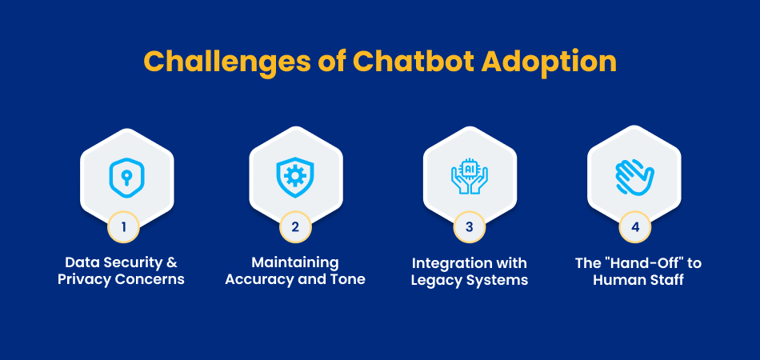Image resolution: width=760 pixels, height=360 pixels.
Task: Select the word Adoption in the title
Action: pyautogui.click(x=549, y=62)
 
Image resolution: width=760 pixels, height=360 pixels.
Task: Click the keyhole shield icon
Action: pyautogui.click(x=126, y=178)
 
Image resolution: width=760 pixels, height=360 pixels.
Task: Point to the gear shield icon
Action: pyautogui.click(x=295, y=177)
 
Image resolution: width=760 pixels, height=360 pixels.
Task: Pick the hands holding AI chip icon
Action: pyautogui.click(x=469, y=176)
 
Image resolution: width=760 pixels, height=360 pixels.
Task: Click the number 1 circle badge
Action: pyautogui.click(x=123, y=226)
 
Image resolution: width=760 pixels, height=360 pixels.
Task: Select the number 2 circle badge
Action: pyautogui.click(x=295, y=226)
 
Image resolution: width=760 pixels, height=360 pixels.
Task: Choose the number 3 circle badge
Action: pyautogui.click(x=469, y=226)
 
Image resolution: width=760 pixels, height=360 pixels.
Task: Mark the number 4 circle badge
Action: pyautogui.click(x=635, y=226)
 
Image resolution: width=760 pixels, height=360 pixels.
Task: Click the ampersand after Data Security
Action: pyautogui.click(x=172, y=262)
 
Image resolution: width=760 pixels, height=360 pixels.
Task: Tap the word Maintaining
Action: pyautogui.click(x=294, y=262)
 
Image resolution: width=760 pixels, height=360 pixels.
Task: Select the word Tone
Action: pyautogui.click(x=349, y=279)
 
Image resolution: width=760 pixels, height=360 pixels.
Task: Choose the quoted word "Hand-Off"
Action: pyautogui.click(x=642, y=262)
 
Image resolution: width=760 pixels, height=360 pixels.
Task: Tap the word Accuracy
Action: pyautogui.click(x=257, y=280)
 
